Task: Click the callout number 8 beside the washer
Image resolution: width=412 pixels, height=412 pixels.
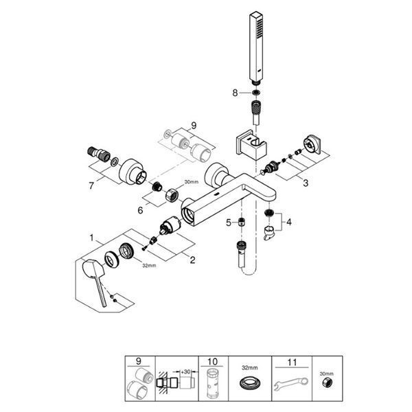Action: [235, 93]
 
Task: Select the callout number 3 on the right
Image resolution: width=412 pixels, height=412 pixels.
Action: [306, 183]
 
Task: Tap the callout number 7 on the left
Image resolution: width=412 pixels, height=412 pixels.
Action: [91, 186]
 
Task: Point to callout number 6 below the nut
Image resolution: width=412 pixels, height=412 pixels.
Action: [141, 210]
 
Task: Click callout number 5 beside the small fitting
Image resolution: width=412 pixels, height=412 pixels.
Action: [229, 222]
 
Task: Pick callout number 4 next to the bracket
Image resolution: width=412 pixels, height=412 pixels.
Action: [289, 222]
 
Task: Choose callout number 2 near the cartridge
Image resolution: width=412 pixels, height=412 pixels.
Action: [192, 260]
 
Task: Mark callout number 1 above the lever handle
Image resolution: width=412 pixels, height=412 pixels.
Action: [91, 238]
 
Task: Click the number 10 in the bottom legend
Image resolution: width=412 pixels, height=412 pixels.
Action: [212, 362]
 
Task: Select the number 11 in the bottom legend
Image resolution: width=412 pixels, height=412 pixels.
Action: [292, 363]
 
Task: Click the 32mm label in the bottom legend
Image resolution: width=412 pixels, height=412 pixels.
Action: [250, 368]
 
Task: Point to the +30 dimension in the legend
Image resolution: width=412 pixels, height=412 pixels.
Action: [186, 371]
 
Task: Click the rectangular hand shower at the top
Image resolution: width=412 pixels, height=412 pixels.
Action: [256, 48]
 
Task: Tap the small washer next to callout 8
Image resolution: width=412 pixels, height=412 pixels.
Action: [255, 93]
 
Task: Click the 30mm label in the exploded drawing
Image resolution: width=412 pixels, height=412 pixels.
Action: [192, 181]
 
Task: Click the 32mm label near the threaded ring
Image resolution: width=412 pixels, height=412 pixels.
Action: [149, 265]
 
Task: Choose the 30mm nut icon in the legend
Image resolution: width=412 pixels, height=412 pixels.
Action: [327, 384]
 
